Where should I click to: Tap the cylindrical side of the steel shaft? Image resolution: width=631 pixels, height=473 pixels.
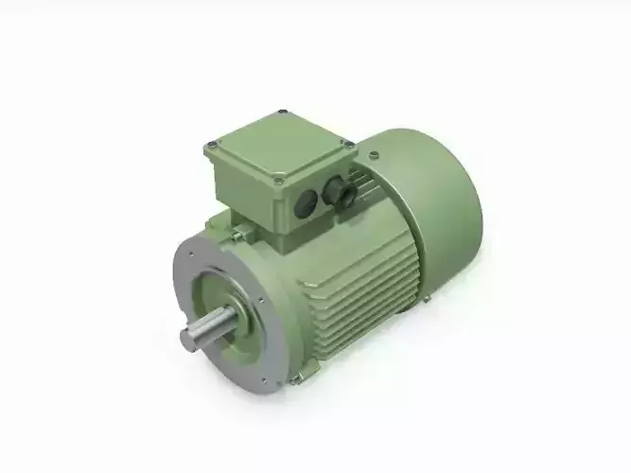tap(210, 330)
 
